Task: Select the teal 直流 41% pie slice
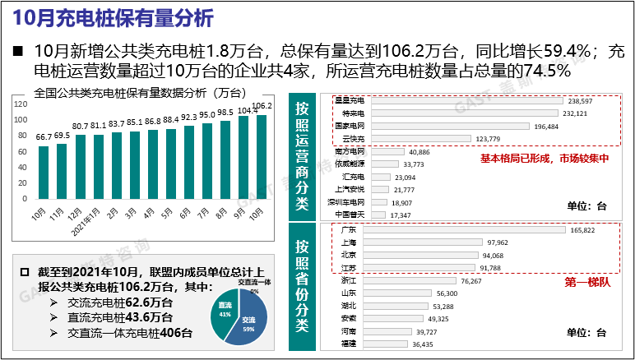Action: click(224, 314)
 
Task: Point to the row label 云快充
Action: click(353, 139)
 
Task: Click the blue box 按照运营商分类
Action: click(303, 155)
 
